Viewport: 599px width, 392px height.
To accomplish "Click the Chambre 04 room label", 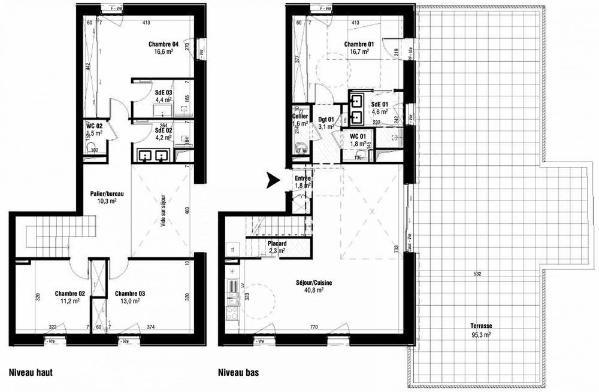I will pos(164,48).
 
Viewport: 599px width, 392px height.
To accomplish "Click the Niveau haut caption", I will pos(31,372).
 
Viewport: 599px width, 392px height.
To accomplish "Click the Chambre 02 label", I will pos(69,297).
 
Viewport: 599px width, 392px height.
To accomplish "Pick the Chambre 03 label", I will pos(129,297).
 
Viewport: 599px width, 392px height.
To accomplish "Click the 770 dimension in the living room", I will pos(312,327).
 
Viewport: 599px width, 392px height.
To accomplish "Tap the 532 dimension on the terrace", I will pos(477,275).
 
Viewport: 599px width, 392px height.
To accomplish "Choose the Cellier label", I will pos(300,120).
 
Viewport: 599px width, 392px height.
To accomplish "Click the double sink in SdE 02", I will pos(153,155).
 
